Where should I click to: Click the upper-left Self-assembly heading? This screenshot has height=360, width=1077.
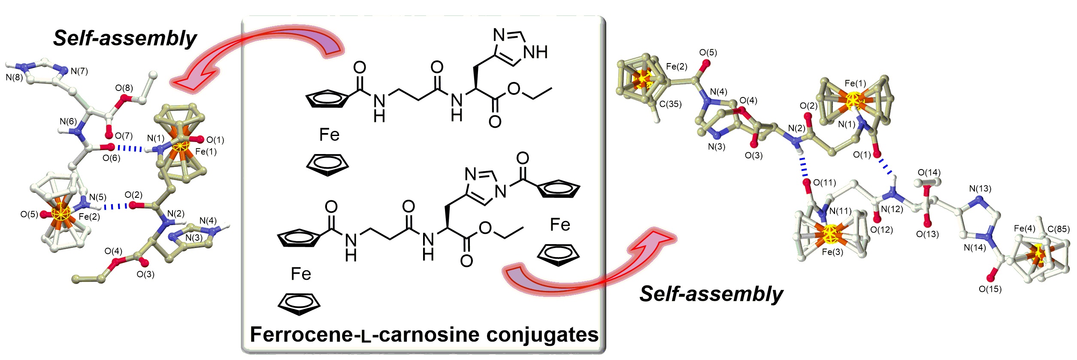[124, 39]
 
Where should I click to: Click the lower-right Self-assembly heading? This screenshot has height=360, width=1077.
[711, 294]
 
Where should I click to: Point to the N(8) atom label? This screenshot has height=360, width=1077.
[14, 78]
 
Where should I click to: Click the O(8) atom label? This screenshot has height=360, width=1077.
[124, 88]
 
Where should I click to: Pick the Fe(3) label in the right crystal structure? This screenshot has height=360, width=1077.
[832, 252]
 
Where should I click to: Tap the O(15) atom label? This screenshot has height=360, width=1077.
[990, 289]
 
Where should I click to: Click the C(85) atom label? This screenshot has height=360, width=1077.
[1059, 229]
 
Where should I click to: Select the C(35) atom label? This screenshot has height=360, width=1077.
[670, 104]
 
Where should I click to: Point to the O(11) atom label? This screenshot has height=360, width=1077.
[824, 183]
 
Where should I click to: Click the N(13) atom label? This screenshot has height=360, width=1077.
[980, 189]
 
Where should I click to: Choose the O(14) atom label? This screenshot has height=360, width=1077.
[929, 173]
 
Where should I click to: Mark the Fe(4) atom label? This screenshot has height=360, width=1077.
[1024, 229]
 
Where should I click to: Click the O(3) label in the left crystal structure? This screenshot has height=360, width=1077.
[145, 275]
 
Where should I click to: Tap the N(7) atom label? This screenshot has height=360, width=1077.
[79, 71]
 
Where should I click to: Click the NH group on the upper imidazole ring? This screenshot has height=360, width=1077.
[536, 52]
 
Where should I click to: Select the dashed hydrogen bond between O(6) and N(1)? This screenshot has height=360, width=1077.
[130, 148]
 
